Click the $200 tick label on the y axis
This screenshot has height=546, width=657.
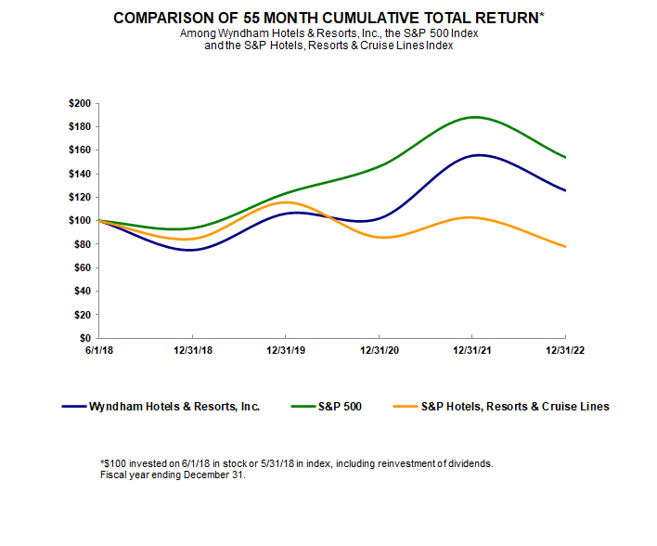[79, 103]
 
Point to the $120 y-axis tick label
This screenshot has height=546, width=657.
[79, 197]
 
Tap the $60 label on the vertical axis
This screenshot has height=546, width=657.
[82, 267]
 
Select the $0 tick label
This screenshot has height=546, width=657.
[85, 338]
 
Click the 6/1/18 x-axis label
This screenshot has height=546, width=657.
[98, 352]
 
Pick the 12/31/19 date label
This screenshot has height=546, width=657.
[286, 352]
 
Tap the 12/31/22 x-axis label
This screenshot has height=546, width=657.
[566, 352]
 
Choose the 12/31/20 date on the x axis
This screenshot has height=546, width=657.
[380, 352]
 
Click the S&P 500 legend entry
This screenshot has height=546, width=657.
[335, 407]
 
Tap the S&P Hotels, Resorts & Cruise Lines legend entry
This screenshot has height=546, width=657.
[515, 407]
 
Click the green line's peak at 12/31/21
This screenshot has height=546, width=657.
[473, 117]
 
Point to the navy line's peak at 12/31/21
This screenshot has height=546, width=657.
[475, 155]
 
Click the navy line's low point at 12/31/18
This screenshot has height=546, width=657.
[190, 250]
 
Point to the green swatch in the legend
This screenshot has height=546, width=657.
[300, 407]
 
